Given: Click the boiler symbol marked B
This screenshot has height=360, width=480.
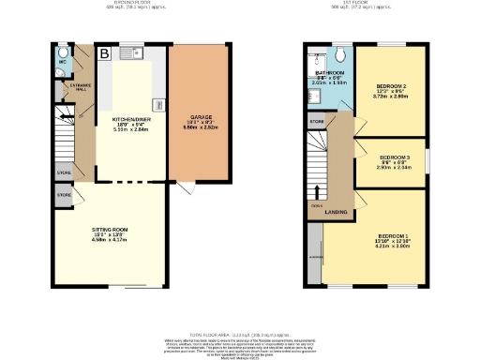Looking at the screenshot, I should click(105, 53).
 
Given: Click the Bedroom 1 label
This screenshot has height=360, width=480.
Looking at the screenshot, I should click(394, 237).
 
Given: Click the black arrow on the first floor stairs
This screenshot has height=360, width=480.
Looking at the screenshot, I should click(315, 195).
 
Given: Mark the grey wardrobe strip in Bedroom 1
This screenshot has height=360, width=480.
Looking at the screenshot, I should click(313, 253).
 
